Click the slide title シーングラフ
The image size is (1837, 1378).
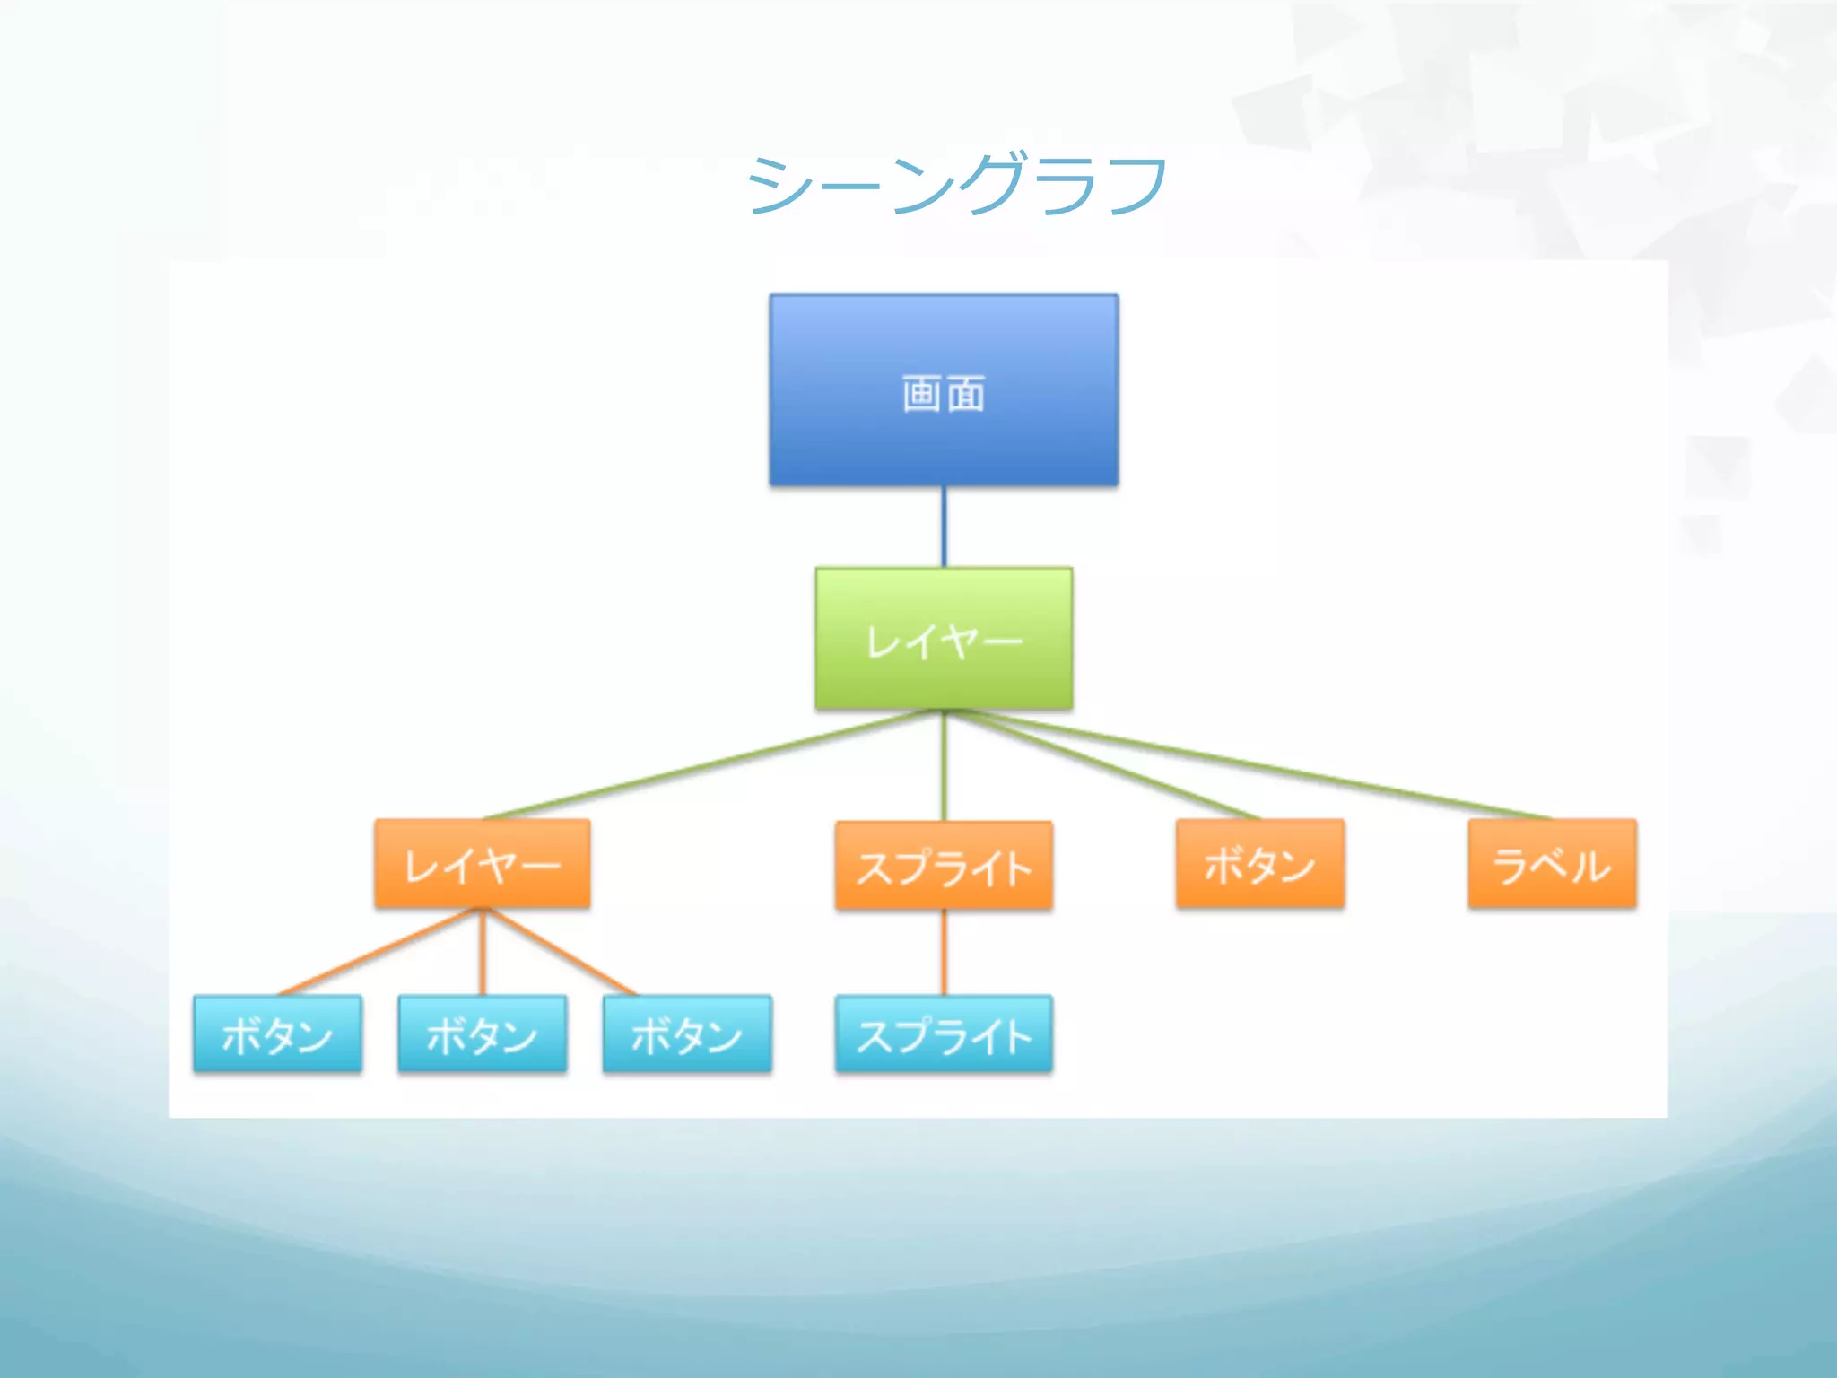(x=956, y=185)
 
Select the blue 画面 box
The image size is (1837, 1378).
(x=944, y=391)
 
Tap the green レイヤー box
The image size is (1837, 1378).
(x=944, y=639)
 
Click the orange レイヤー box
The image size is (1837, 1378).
(x=483, y=864)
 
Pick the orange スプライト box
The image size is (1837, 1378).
(x=944, y=867)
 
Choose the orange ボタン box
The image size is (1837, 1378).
(x=1260, y=864)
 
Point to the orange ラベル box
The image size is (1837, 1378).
(x=1552, y=864)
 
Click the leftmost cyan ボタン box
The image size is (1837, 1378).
(x=277, y=1033)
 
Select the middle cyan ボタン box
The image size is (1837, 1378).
(x=483, y=1033)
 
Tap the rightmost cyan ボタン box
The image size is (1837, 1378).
(x=687, y=1033)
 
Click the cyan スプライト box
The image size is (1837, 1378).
(x=944, y=1033)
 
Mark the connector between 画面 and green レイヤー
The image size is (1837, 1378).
(x=944, y=528)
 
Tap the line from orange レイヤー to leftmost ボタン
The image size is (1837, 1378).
(x=380, y=952)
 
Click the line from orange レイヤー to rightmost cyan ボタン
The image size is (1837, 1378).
(x=560, y=952)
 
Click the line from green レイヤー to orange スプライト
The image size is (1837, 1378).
(x=944, y=765)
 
